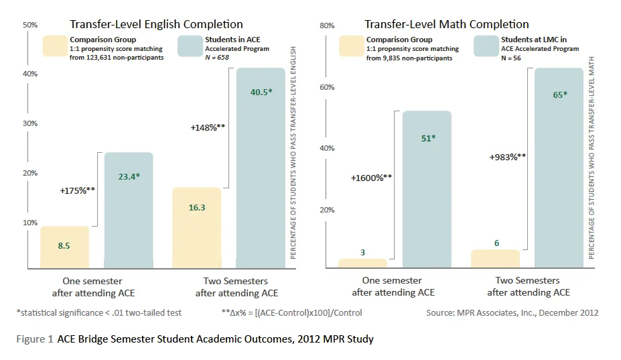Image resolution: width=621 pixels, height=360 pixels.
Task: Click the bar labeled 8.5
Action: pos(64,247)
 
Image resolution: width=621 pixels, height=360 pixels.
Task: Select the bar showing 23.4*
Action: pos(129,211)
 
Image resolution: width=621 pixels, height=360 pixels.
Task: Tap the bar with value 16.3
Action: pos(197,228)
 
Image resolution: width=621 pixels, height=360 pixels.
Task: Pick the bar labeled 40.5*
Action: pos(261,168)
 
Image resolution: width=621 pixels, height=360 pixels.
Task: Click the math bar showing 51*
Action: pos(427,190)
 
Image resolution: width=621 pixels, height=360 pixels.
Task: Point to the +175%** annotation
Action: pos(77,191)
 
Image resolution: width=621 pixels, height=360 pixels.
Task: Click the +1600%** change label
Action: pos(371,178)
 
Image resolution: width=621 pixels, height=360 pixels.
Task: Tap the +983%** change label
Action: pos(508,158)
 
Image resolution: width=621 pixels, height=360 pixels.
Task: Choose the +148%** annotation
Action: pos(208,127)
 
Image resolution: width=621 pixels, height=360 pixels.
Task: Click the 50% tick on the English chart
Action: pos(30,25)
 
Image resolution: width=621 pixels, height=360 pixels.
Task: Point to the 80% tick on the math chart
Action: pos(327,25)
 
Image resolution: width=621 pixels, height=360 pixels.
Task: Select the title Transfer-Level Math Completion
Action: pos(446,25)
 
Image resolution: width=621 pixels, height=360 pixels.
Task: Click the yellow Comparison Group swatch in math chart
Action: pos(350,47)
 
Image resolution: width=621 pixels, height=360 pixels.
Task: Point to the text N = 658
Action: pos(218,58)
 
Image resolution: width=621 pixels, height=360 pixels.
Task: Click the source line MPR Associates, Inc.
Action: pos(512,312)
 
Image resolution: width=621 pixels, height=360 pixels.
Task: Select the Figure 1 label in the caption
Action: pos(35,339)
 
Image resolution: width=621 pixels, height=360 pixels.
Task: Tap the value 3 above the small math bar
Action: pos(362,252)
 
